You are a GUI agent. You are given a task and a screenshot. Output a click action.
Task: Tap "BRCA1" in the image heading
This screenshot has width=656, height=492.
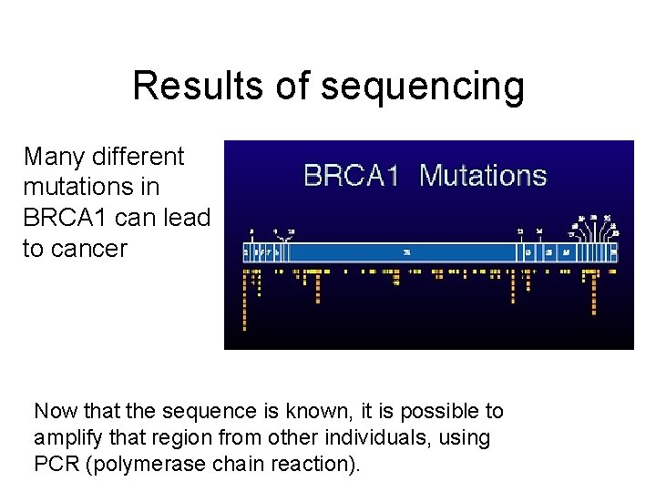[351, 175]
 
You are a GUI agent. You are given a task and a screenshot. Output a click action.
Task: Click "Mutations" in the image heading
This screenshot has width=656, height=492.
[483, 175]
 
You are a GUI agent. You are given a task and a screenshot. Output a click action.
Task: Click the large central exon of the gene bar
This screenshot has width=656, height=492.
[407, 251]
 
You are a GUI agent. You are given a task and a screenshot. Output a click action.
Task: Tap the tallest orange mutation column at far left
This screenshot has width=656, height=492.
[245, 301]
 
